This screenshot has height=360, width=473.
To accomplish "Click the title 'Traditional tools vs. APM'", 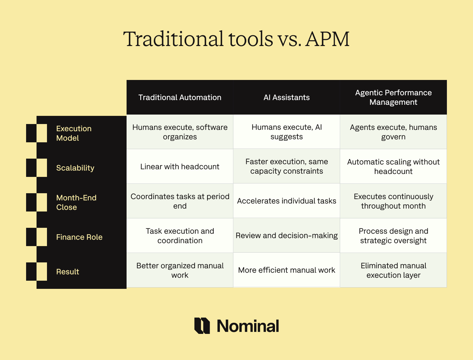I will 236,39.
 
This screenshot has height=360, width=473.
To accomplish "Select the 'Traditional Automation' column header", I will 180,97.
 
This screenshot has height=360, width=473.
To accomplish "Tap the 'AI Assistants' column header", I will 286,97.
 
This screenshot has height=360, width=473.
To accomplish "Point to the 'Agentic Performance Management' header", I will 393,97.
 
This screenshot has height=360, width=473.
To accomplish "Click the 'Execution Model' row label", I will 74,133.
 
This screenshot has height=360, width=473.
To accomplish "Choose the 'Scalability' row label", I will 75,168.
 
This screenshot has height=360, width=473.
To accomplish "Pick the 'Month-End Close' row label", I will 76,202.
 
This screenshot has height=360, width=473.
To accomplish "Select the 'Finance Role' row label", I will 79,237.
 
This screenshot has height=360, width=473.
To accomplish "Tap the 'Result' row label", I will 68,272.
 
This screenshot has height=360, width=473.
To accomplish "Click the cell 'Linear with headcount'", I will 180,166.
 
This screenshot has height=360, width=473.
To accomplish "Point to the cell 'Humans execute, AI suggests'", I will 286,132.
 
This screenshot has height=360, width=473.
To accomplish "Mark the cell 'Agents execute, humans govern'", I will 393,132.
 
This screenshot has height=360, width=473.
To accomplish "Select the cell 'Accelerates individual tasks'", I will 286,201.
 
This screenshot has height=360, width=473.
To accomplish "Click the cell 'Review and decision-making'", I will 286,235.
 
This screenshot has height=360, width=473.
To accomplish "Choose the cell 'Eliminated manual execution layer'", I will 393,270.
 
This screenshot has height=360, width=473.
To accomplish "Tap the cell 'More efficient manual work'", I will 286,270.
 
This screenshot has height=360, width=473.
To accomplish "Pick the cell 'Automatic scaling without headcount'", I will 393,166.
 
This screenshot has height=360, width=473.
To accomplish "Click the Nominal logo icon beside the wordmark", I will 202,326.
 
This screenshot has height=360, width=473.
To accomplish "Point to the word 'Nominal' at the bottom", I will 248,326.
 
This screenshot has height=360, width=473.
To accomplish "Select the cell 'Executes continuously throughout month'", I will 393,201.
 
